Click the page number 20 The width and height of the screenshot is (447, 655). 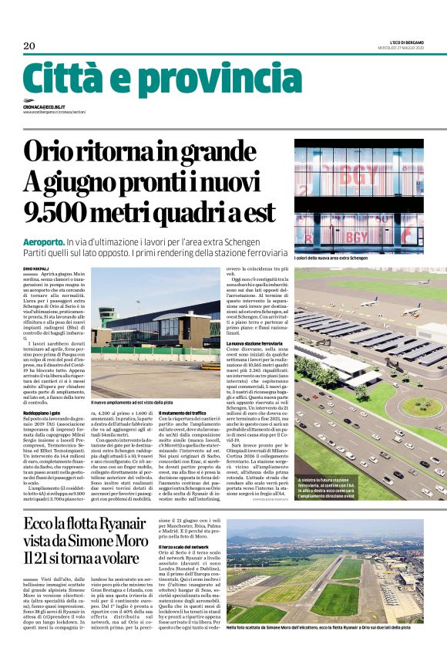click(x=29, y=46)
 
